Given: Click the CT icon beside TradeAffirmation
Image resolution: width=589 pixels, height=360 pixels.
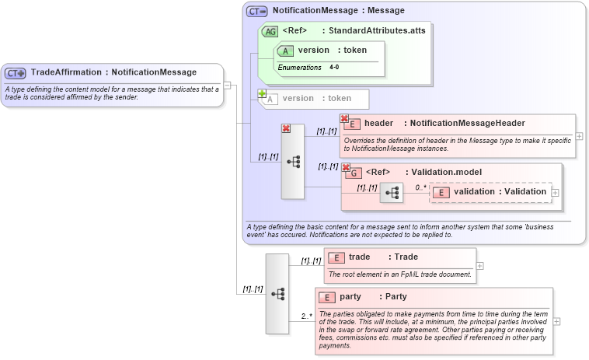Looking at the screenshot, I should pos(16,73).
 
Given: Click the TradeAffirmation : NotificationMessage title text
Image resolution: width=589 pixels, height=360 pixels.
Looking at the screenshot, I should pos(113,72).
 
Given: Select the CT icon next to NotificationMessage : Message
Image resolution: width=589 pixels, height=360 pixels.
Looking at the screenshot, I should pos(257,12).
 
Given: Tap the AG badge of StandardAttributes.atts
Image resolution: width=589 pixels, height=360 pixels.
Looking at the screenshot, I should pos(270,31).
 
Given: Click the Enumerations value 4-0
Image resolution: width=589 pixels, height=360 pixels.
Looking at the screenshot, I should pos(334,68).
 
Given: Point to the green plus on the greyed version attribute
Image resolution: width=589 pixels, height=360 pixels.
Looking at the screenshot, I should pos(262,93).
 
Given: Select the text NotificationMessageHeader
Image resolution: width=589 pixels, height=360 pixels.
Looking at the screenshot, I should pos(467,123).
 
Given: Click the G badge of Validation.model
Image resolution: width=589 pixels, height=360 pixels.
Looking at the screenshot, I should pos(354,173).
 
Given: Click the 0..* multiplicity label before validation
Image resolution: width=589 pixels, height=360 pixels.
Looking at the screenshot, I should pos(420,187).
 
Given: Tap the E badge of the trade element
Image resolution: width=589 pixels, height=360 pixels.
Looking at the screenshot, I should pos(336,257).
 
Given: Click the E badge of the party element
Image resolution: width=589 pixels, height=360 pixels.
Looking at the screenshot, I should pos(327,297).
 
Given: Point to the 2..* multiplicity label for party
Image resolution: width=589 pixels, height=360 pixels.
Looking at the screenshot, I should pos(306,316).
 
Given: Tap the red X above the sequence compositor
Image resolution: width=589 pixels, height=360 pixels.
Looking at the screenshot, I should pos(286,128).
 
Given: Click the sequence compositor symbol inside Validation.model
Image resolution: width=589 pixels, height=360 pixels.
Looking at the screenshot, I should pos(392,192).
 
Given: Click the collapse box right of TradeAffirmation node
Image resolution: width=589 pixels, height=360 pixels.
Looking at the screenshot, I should pos(228,85).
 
